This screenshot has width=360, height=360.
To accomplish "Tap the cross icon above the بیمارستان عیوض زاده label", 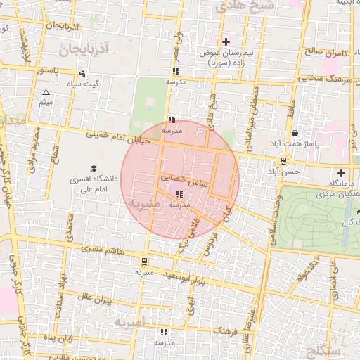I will tap(226, 42).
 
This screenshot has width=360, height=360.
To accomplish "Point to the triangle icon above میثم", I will tap(46, 93).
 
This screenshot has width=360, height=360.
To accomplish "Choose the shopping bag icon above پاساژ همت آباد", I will tap(294, 133).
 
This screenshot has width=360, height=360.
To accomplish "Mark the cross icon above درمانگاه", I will tap(341, 173).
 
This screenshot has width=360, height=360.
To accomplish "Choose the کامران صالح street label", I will tap(328, 52).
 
